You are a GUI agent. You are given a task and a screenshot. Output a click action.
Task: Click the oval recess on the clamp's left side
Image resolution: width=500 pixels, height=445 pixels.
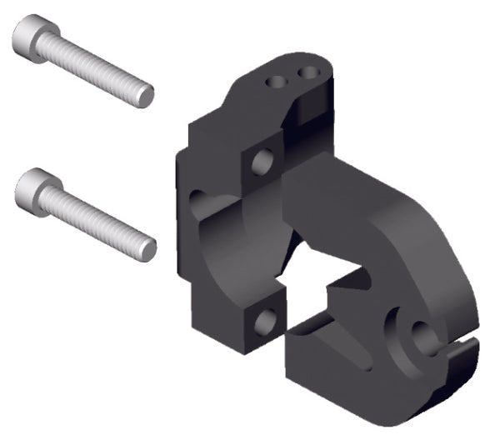(197, 200)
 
